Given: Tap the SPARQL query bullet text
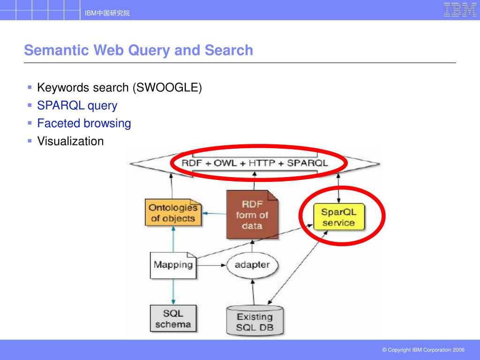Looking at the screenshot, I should (77, 105).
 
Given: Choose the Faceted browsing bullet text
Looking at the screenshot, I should (84, 123).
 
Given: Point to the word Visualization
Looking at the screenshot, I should (70, 141).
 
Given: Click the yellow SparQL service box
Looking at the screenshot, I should (339, 217).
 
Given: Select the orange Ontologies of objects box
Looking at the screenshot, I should (172, 213).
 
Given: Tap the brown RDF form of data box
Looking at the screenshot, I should (252, 215).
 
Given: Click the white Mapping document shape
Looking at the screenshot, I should (173, 265).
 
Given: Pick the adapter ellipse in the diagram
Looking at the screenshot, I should (252, 265).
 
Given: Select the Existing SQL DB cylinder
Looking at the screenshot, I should (255, 321).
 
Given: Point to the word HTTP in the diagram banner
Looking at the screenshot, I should (262, 163).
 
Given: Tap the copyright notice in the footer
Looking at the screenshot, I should (423, 350).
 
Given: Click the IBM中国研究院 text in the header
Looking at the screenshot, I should (107, 13).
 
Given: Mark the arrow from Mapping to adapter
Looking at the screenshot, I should (211, 265).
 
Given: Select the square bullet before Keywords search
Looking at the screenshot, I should (30, 87).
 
